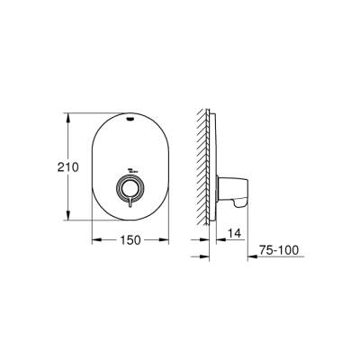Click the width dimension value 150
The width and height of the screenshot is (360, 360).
[132, 240]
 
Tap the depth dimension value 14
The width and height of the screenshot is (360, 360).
[233, 232]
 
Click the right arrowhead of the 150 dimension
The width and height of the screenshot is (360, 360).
[168, 240]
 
